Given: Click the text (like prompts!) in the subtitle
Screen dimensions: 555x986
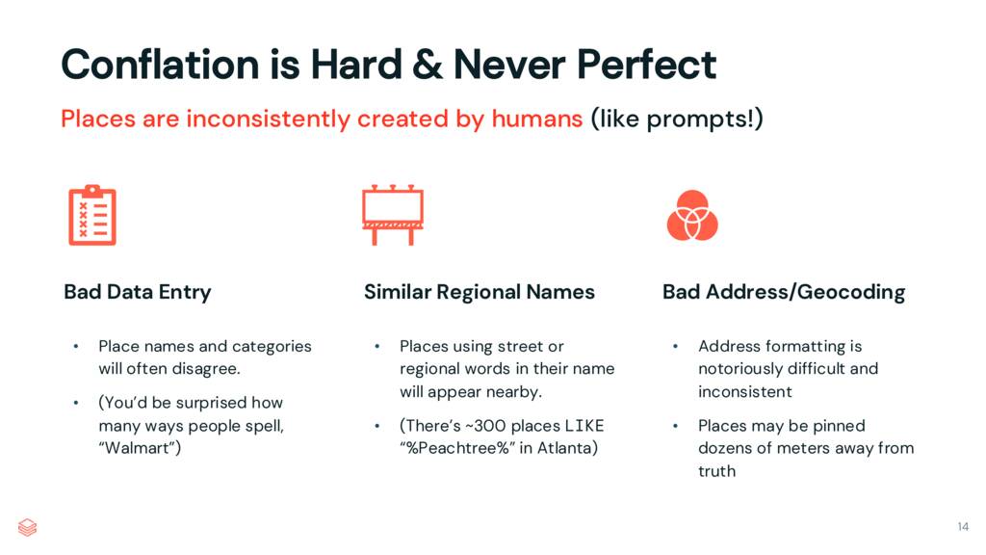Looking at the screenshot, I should (677, 119).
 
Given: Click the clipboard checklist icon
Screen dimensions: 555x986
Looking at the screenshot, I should (91, 215).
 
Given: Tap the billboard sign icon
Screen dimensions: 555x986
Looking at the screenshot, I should (392, 214).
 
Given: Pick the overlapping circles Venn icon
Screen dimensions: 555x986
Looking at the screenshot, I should (692, 215).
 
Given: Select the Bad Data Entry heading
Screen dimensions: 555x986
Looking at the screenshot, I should (138, 292).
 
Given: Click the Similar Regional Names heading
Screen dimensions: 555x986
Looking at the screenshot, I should (479, 292).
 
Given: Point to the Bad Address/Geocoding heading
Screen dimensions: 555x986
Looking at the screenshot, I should (783, 292).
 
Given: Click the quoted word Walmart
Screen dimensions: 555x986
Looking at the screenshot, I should (140, 449).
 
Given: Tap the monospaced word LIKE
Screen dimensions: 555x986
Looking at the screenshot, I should (584, 426).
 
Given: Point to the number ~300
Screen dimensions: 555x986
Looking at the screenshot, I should (492, 426).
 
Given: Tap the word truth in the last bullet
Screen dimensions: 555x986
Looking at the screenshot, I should (716, 471).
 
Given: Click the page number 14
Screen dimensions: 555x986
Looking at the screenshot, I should (963, 526).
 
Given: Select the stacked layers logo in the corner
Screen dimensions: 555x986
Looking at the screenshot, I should (28, 527).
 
